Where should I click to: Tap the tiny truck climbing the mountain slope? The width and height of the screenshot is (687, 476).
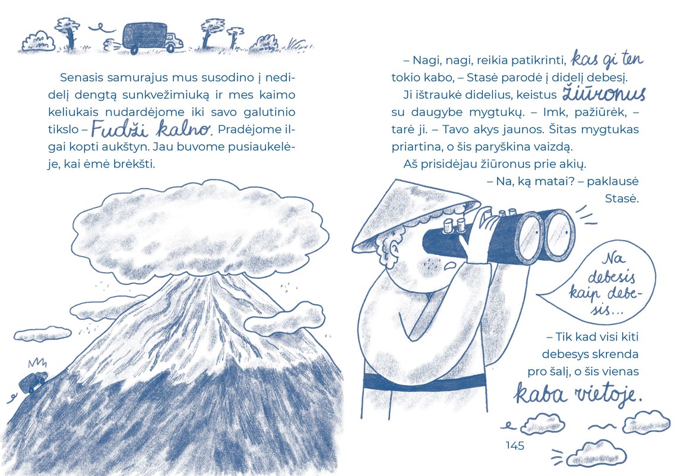tap(33, 382)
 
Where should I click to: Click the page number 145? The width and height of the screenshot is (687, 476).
tap(515, 445)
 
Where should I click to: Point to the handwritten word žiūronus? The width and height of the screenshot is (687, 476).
tap(604, 93)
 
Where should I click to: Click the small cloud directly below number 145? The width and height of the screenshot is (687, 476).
tap(596, 454)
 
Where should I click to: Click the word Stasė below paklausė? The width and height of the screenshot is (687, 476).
tap(622, 198)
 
